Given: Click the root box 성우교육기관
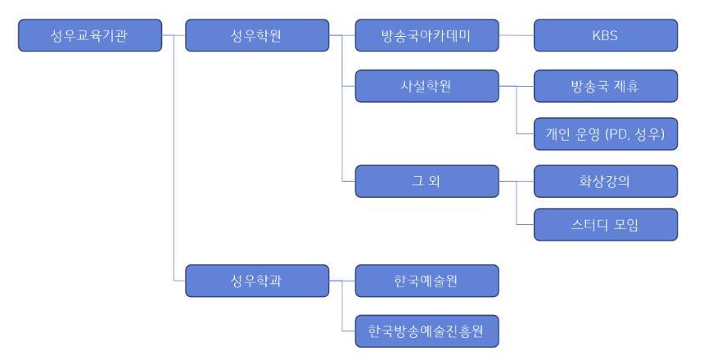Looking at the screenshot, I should tap(89, 36).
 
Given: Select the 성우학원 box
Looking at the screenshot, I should tap(257, 36).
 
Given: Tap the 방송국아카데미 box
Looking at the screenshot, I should tap(426, 36).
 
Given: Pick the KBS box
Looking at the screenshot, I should tap(605, 36).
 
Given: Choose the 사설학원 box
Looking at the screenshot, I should tap(426, 87).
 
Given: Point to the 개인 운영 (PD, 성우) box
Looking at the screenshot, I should tap(605, 137).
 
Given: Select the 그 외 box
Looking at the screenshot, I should tap(426, 181).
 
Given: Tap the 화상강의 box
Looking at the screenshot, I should tap(605, 181).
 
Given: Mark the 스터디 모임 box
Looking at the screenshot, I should tap(605, 225).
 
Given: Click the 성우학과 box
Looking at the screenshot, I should tap(257, 280).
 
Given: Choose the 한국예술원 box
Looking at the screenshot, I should tap(426, 280).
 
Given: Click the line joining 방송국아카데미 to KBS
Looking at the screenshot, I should tap(516, 36).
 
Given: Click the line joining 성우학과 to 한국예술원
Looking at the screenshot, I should tap(341, 280).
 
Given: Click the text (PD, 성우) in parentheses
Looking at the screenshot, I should tap(635, 137).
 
